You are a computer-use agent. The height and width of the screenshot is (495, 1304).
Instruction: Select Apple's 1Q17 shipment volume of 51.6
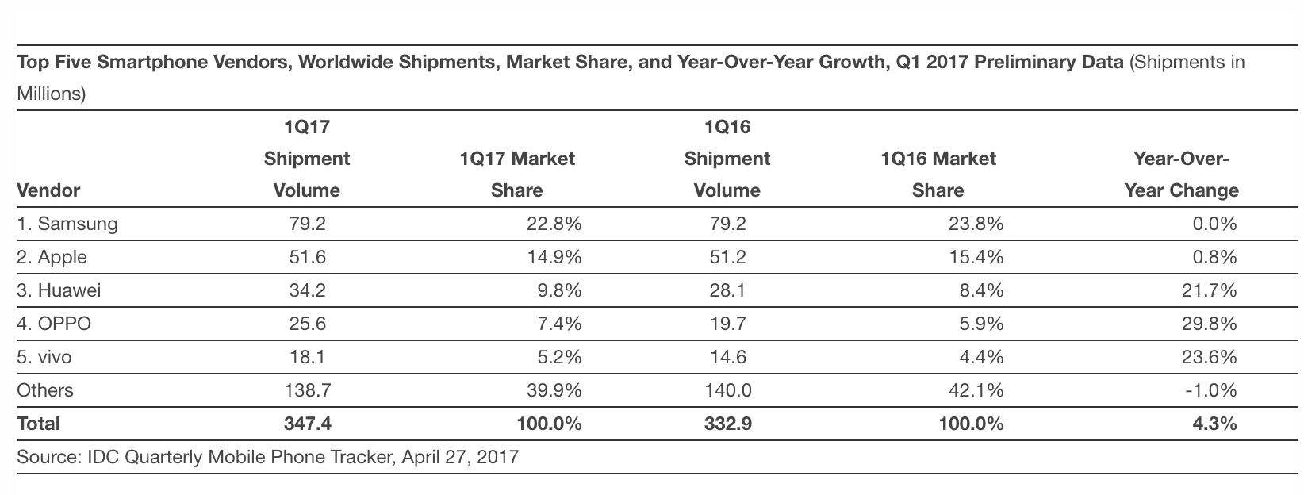coord(307,257)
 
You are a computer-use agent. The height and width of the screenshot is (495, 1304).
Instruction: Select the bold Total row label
coord(38,424)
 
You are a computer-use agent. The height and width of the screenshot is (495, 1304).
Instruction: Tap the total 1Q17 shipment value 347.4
coord(307,424)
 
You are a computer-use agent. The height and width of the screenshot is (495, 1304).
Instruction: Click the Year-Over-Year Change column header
coord(1182,175)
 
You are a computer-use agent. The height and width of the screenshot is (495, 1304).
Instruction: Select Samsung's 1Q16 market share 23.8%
coord(976,224)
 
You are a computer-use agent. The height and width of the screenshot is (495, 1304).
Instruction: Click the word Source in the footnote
coord(46,457)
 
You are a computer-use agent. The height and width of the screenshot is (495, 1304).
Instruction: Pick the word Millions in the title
coord(51,94)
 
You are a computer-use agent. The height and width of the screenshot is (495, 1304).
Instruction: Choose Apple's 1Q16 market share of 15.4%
coord(976,257)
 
